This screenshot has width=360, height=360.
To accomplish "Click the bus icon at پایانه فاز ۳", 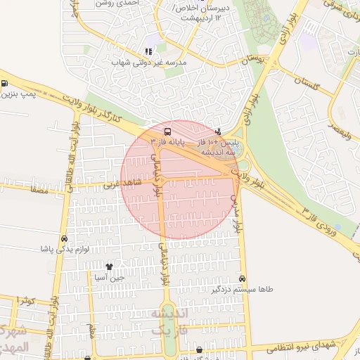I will pos(167,131).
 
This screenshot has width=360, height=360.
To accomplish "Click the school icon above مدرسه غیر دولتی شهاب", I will pos(148,51).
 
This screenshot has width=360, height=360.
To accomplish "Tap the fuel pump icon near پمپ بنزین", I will pos(5,84).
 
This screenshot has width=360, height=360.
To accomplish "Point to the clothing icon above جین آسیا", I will pos(109,266).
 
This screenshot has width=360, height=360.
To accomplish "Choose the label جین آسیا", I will pos(110,277).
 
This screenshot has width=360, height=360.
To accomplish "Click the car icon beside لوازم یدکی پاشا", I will pos(64,238).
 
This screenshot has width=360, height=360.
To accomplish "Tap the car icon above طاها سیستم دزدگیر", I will pos(243,278).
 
